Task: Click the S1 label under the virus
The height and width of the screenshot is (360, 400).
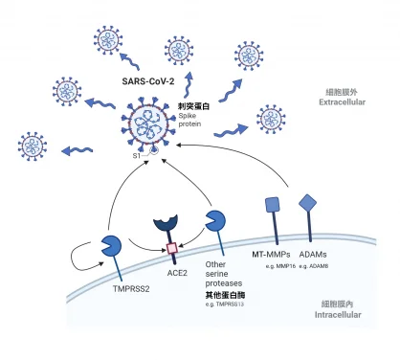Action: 137,154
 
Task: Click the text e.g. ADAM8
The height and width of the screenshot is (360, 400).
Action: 316,265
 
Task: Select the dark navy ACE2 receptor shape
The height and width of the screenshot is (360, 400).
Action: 167,226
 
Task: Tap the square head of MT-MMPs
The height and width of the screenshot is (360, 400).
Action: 272,204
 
